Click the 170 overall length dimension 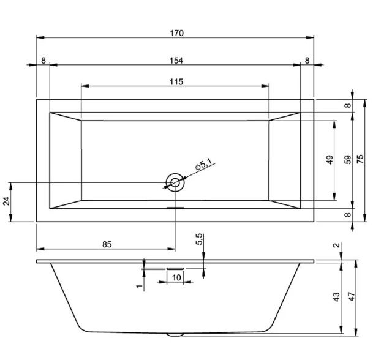point(177,33)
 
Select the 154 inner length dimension point(176,61)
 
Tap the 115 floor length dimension point(176,82)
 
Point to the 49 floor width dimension point(330,160)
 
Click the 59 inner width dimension point(347,160)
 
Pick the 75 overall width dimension point(360,159)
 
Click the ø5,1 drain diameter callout point(203,165)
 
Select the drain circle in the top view point(175,182)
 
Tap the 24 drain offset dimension point(6,201)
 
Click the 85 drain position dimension point(107,244)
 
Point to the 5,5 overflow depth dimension point(199,239)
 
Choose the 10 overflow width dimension point(176,277)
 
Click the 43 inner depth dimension point(336,297)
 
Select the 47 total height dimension point(352,297)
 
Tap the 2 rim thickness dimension point(337,245)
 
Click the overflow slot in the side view point(175,268)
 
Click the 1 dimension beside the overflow point(140,286)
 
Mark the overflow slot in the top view point(175,208)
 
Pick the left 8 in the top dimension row point(43,61)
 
